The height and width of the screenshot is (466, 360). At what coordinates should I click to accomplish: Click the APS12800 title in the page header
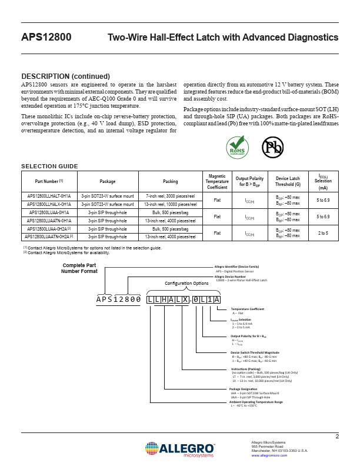click(46, 38)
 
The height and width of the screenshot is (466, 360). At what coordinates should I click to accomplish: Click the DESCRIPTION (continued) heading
click(65, 76)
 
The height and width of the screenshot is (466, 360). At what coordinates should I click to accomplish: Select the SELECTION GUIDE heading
click(49, 167)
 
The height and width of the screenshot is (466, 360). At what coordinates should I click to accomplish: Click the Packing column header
click(170, 182)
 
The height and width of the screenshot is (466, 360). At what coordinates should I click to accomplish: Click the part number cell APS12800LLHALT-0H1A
click(49, 196)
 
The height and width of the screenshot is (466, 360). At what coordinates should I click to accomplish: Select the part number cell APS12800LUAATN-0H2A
click(49, 236)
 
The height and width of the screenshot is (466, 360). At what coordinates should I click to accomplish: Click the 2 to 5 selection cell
click(323, 232)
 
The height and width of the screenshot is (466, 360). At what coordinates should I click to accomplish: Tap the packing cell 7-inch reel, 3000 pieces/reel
click(170, 196)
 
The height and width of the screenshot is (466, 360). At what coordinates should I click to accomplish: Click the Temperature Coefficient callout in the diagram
click(248, 309)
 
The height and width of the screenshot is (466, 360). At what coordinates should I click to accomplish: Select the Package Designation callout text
click(244, 390)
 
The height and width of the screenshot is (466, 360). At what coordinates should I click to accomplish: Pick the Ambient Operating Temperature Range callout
click(256, 402)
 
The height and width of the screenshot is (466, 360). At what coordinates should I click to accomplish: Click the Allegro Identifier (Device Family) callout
click(236, 267)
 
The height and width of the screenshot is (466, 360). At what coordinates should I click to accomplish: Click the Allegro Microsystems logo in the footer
click(179, 448)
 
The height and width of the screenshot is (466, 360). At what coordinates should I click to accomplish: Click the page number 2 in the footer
click(337, 437)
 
